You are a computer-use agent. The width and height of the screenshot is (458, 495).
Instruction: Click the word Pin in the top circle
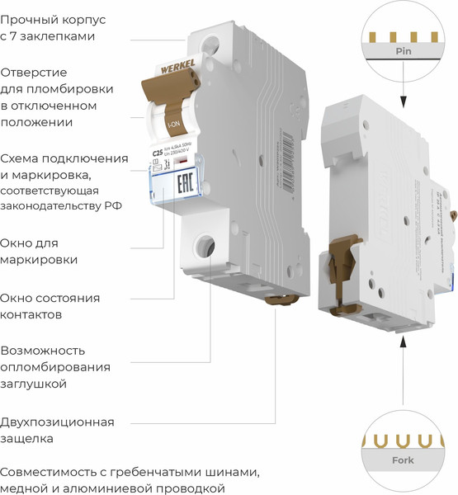(404, 51)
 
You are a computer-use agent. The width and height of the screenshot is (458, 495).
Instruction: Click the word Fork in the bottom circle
(404, 460)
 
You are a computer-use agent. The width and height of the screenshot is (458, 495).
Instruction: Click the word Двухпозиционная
(57, 422)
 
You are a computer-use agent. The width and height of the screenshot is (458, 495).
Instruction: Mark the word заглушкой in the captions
(33, 384)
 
